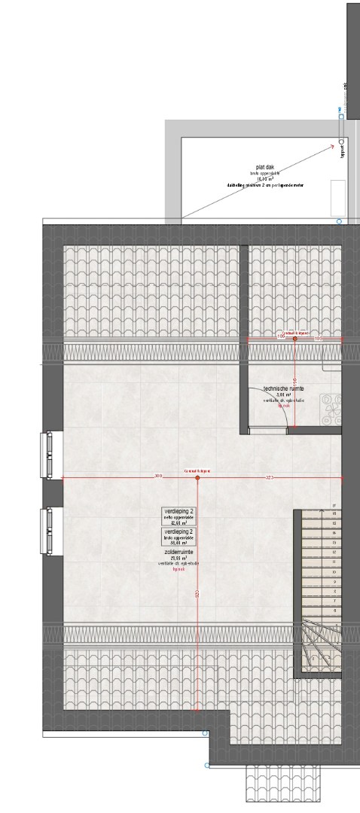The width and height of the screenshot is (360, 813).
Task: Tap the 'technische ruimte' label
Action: click(x=283, y=388)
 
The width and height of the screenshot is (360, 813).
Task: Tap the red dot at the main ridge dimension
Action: click(x=197, y=478)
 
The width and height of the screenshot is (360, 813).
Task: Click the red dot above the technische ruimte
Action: click(x=294, y=340)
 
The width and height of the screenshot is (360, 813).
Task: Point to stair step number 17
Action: click(x=333, y=506)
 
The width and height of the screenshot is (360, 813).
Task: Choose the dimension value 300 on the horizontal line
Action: click(x=157, y=476)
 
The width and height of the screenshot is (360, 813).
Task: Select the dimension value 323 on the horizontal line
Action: click(x=269, y=479)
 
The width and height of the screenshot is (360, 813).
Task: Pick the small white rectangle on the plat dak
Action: click(x=338, y=197)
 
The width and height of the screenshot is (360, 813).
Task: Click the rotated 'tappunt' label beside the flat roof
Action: click(x=343, y=151)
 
